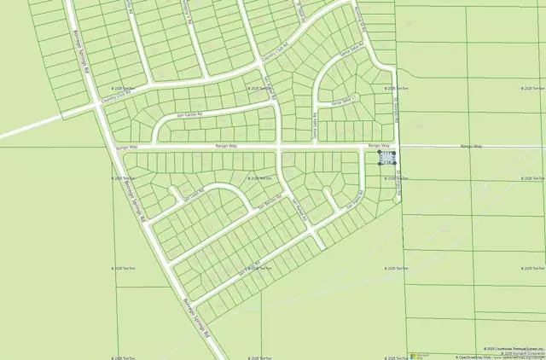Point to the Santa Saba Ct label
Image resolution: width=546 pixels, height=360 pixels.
point(351,99)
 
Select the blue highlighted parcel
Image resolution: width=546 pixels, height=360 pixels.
point(386,158)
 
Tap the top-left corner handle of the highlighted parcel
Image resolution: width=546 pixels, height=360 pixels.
point(380,153)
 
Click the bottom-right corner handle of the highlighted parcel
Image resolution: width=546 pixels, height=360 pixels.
point(395,163)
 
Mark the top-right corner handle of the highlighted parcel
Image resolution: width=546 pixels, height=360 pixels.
point(395,153)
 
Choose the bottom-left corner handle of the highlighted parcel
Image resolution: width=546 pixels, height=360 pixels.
point(380,163)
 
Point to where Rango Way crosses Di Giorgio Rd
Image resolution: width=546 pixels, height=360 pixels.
point(398,147)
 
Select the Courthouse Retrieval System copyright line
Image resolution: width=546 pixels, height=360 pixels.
point(512,348)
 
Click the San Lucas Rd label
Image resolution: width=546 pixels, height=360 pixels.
point(195,195)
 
